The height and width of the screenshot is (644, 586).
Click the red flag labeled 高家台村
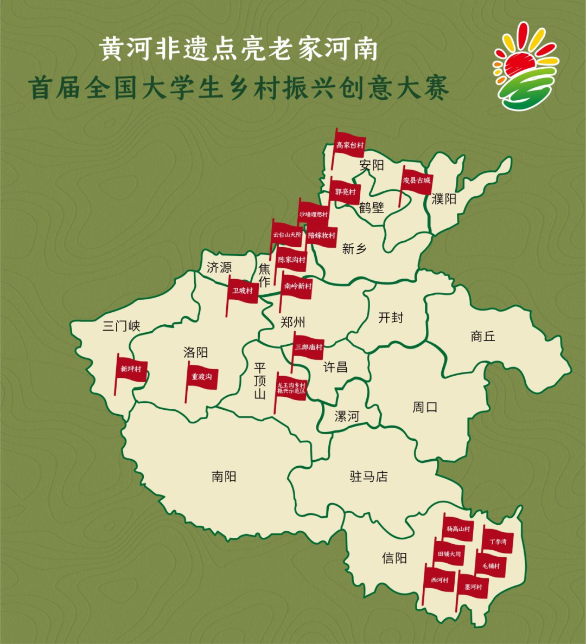pos(350,145)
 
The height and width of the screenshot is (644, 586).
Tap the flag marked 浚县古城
pos(417,181)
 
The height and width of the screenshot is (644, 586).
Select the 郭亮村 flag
pos(345,192)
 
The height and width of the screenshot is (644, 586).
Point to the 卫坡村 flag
pos(243,291)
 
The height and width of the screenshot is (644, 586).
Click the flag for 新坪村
pos(131,369)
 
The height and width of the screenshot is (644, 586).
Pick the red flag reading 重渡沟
pos(202,377)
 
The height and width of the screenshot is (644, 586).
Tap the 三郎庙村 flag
pos(309,347)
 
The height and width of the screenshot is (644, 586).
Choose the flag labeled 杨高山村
pos(458,529)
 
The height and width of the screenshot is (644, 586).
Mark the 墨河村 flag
pos(473,587)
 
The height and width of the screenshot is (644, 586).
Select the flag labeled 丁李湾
pos(498,542)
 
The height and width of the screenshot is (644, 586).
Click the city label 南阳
pos(224,476)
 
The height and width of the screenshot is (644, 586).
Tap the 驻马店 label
pos(368,477)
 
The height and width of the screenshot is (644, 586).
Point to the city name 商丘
pos(482,337)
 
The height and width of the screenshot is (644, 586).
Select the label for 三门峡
pos(122,326)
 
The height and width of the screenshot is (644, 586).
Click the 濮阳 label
pos(443,199)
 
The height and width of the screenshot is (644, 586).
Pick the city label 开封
pos(391,318)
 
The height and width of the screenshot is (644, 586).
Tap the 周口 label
pos(425,407)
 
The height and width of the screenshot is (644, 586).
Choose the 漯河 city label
pos(347,416)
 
